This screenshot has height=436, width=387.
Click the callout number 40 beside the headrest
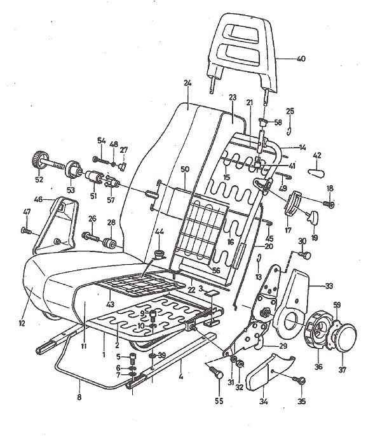coord(301,59)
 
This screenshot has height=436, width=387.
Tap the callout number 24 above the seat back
coord(187,83)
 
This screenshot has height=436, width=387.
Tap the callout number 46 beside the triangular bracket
coord(37,200)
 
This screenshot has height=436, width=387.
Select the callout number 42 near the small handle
coord(317,155)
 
